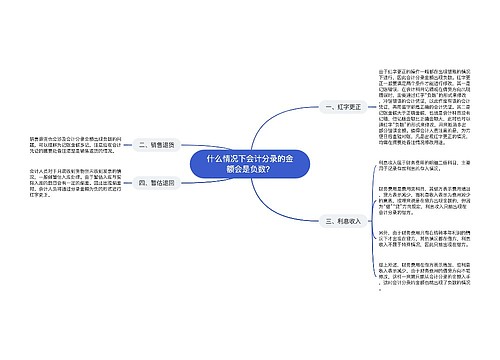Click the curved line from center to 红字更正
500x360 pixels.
click(295, 125)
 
